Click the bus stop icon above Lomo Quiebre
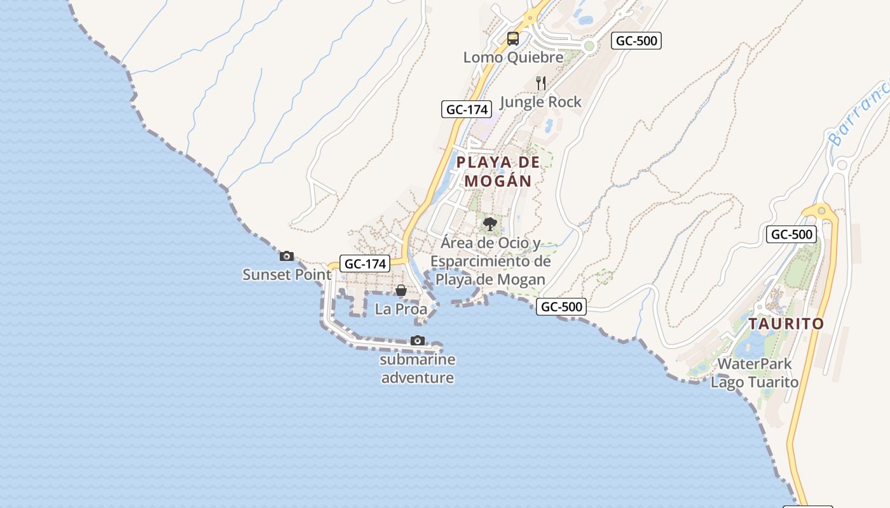click(513, 39)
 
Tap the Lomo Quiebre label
click(513, 57)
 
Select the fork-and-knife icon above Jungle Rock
click(541, 83)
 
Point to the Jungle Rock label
click(540, 102)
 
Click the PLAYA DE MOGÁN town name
click(498, 171)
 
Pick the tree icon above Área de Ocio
click(489, 224)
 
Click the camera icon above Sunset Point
click(287, 256)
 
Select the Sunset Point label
click(287, 274)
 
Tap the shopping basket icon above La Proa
click(401, 291)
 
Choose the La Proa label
click(401, 309)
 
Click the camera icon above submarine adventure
click(418, 341)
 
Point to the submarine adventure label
click(418, 369)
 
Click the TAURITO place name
click(786, 324)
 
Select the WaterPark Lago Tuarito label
click(755, 373)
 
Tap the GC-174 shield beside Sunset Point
click(365, 264)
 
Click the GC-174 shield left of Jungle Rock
click(467, 109)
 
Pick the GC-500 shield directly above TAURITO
click(791, 234)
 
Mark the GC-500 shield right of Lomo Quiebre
click(636, 41)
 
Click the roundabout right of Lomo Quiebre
click(589, 46)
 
